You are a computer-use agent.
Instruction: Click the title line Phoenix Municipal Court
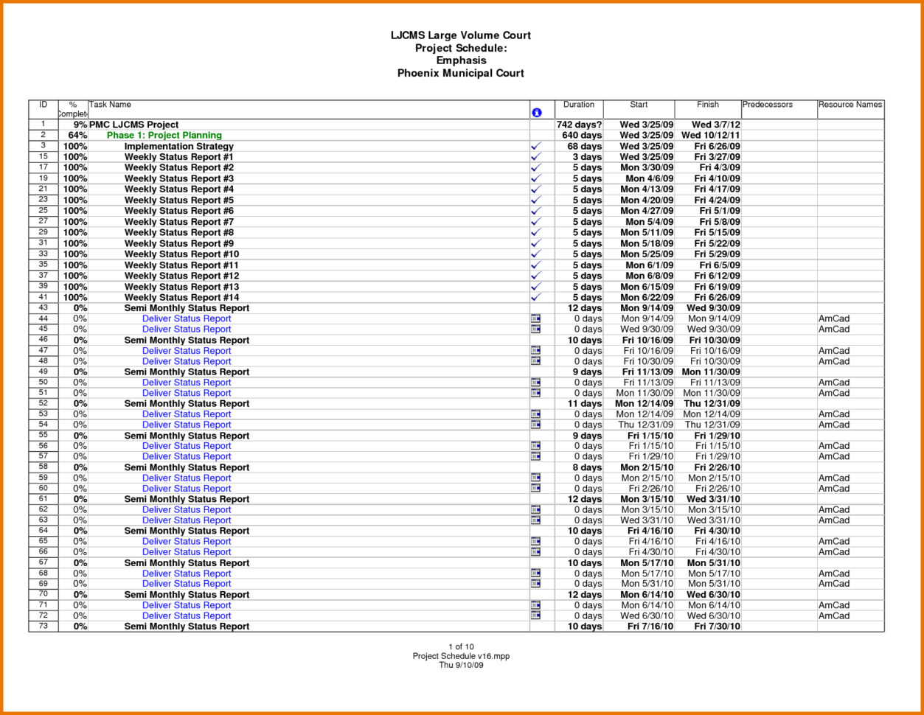(460, 73)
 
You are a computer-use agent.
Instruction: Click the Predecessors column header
(768, 105)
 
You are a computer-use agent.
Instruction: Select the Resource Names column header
(850, 105)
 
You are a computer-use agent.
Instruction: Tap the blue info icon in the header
(536, 113)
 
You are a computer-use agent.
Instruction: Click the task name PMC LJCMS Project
(133, 125)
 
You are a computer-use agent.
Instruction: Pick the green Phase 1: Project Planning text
(164, 136)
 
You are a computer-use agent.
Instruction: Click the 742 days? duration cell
(580, 125)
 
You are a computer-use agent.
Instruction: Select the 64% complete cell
(77, 136)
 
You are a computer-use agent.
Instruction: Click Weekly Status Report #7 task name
(178, 222)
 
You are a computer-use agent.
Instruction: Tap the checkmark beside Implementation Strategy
(536, 146)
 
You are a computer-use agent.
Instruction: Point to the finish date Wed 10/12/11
(711, 136)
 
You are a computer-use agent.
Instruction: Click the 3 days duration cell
(587, 157)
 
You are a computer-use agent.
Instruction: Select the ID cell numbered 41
(44, 297)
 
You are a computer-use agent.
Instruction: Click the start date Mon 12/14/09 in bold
(644, 404)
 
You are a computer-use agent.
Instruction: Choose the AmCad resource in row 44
(834, 319)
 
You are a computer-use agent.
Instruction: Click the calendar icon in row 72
(536, 615)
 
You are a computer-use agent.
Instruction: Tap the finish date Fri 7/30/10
(717, 627)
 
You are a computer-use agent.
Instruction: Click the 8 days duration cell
(587, 467)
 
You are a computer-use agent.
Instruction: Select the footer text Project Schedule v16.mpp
(460, 656)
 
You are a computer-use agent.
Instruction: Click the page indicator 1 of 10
(460, 647)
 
